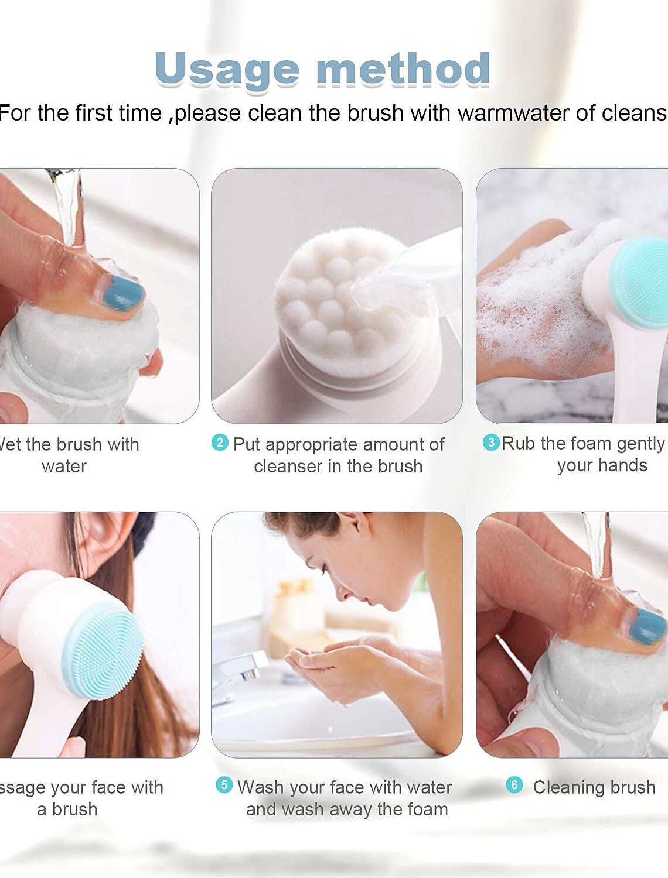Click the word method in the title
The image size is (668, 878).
pos(403,69)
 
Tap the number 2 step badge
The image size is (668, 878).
pos(220,443)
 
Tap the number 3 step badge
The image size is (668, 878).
pos(491,442)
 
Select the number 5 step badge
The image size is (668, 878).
pos(224,785)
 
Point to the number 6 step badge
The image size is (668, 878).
pos(514,785)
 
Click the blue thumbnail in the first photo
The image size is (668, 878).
pos(122,293)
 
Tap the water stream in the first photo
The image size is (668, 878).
pos(67,205)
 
